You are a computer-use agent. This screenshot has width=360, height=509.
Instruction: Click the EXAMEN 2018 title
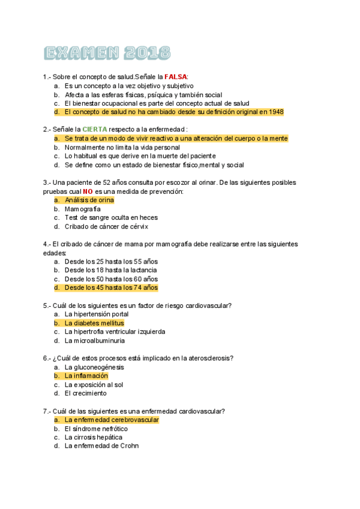107,53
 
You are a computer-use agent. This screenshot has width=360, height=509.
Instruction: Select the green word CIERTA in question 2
95,129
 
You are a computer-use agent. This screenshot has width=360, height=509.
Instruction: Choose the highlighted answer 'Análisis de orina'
89,200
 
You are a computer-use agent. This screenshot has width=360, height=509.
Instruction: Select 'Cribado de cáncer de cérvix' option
106,226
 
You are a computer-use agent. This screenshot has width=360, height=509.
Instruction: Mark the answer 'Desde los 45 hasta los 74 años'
111,288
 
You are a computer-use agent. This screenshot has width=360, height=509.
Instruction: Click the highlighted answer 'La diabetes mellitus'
94,323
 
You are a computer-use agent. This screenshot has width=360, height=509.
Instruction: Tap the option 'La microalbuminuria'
95,340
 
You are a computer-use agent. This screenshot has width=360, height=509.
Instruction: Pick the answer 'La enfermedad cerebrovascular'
112,420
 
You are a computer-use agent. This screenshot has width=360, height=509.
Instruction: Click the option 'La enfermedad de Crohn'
101,446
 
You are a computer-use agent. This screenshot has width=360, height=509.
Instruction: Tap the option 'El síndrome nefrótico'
96,429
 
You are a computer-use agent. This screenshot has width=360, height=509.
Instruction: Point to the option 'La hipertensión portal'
96,314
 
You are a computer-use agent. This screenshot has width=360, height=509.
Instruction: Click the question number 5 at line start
45,306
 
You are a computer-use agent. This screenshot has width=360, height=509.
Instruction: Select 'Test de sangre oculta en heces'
111,217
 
